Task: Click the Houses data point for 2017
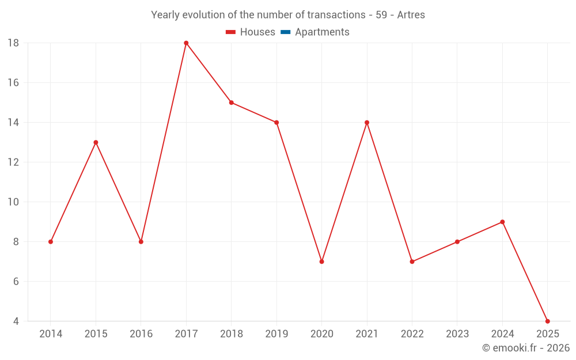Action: (x=186, y=43)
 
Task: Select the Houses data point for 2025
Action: (x=547, y=321)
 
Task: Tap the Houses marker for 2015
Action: (x=96, y=142)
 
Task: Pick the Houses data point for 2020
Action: (x=321, y=262)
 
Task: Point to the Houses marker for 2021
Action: (x=367, y=123)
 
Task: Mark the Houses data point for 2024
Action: (x=502, y=222)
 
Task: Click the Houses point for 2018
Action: (x=231, y=103)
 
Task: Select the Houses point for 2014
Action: (x=51, y=242)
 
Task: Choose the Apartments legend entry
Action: (x=322, y=32)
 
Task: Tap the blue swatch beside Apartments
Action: (x=286, y=32)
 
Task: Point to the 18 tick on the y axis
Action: (x=13, y=43)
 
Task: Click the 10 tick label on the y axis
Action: (x=13, y=202)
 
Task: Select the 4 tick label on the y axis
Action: (x=16, y=321)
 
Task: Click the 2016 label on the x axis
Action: (x=141, y=334)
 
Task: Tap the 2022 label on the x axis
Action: (x=412, y=334)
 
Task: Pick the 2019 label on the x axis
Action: (x=276, y=334)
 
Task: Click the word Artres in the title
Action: (x=411, y=15)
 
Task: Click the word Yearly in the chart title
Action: (x=165, y=15)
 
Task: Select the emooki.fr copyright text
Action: (x=526, y=348)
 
